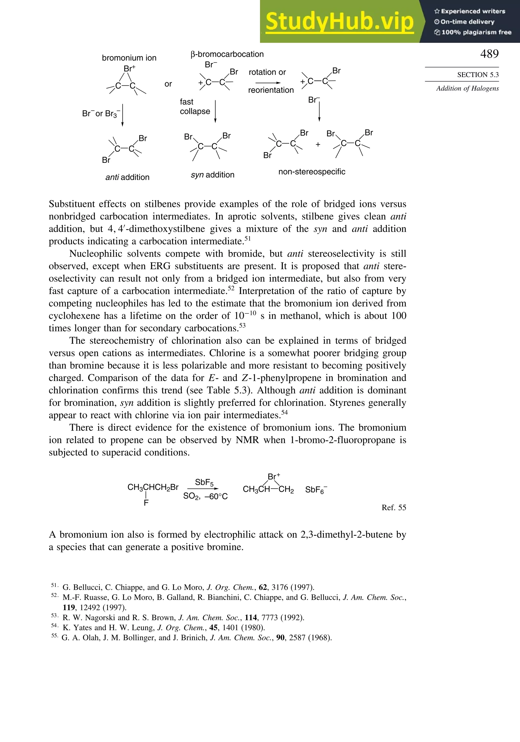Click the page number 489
pos(489,54)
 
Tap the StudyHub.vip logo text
pos(339,21)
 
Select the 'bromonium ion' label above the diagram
pos(129,58)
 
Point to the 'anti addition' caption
pos(127,177)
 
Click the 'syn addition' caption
pos(212,175)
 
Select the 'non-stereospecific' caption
pos(312,172)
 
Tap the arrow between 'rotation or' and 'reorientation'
pos(268,83)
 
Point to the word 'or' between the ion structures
pos(168,84)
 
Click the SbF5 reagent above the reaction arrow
pos(204,483)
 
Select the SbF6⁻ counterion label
pos(316,490)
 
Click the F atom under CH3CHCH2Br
pos(146,503)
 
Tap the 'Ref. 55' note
pos(394,507)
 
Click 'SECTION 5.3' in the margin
pos(478,75)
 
